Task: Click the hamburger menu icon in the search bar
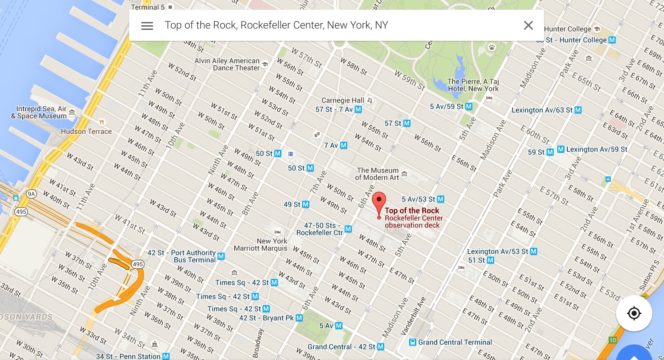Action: click(147, 26)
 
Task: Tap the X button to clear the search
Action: click(528, 25)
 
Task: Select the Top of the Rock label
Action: click(412, 211)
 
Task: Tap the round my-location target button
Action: click(634, 313)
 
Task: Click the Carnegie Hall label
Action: click(342, 100)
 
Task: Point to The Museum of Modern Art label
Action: click(377, 174)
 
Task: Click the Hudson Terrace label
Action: click(86, 132)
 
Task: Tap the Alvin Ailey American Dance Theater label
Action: click(227, 64)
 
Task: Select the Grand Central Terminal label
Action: click(455, 342)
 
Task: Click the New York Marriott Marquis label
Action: click(261, 245)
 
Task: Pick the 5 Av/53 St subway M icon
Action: click(440, 199)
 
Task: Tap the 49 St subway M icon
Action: click(306, 204)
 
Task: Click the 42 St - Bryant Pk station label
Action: click(266, 318)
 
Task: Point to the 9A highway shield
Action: click(32, 194)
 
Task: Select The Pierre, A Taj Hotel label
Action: click(473, 85)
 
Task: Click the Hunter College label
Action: click(567, 29)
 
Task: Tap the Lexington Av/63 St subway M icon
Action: click(578, 110)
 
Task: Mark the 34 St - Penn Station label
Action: click(128, 356)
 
